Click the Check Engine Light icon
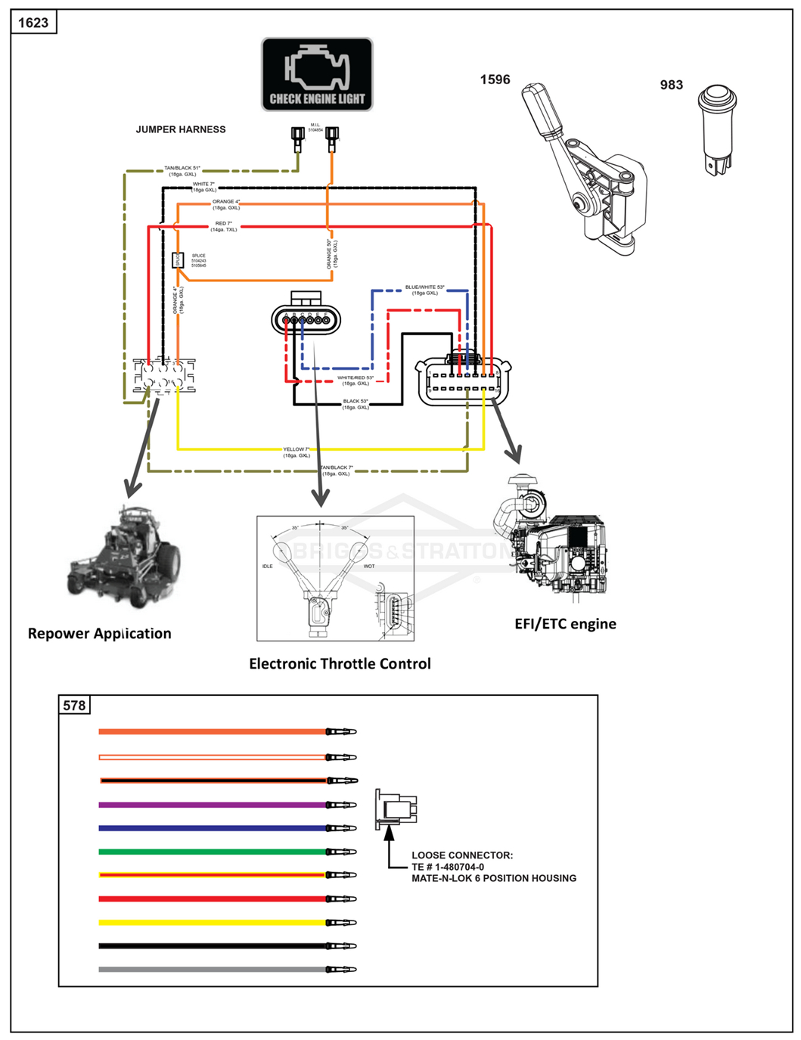pyautogui.click(x=317, y=75)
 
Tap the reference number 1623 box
pyautogui.click(x=33, y=23)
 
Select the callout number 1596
pyautogui.click(x=495, y=79)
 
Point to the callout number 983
pyautogui.click(x=671, y=85)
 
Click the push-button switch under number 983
pyautogui.click(x=716, y=129)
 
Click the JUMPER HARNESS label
pyautogui.click(x=181, y=129)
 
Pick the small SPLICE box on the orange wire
pyautogui.click(x=178, y=260)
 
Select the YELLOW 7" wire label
pyautogui.click(x=296, y=452)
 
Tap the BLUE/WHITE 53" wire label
pyautogui.click(x=424, y=290)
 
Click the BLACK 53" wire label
pyautogui.click(x=355, y=404)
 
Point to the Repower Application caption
pyautogui.click(x=99, y=633)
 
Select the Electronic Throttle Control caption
pyautogui.click(x=340, y=663)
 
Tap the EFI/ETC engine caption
pyautogui.click(x=565, y=623)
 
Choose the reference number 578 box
pyautogui.click(x=74, y=705)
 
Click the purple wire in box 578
pyautogui.click(x=212, y=805)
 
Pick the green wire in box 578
pyautogui.click(x=212, y=852)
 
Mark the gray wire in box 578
pyautogui.click(x=212, y=969)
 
